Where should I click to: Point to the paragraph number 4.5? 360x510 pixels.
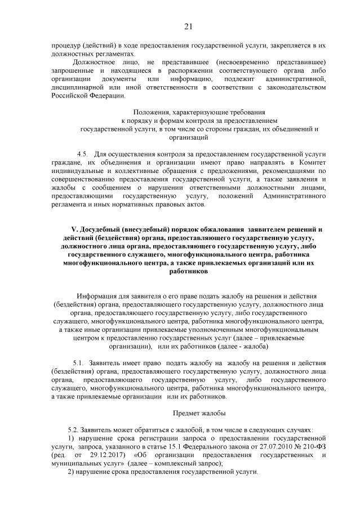(83, 153)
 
